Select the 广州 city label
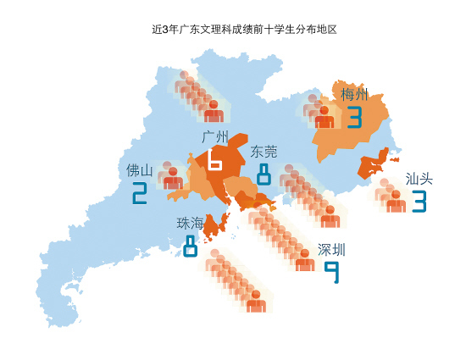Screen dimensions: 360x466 point(216,136)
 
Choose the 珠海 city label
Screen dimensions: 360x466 point(190,224)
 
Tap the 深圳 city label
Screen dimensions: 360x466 point(331,250)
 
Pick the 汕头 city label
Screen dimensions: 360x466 point(419,179)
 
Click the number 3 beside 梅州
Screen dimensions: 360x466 point(353,117)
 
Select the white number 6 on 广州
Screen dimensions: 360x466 point(214,158)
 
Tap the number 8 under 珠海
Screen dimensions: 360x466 point(191,246)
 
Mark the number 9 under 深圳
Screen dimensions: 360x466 point(332,272)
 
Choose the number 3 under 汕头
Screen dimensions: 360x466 point(419,202)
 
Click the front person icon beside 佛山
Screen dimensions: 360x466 point(173,179)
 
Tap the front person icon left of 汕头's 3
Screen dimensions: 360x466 point(395,202)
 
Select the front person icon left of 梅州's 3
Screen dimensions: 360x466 point(325,117)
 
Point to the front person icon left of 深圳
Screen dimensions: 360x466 point(305,260)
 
